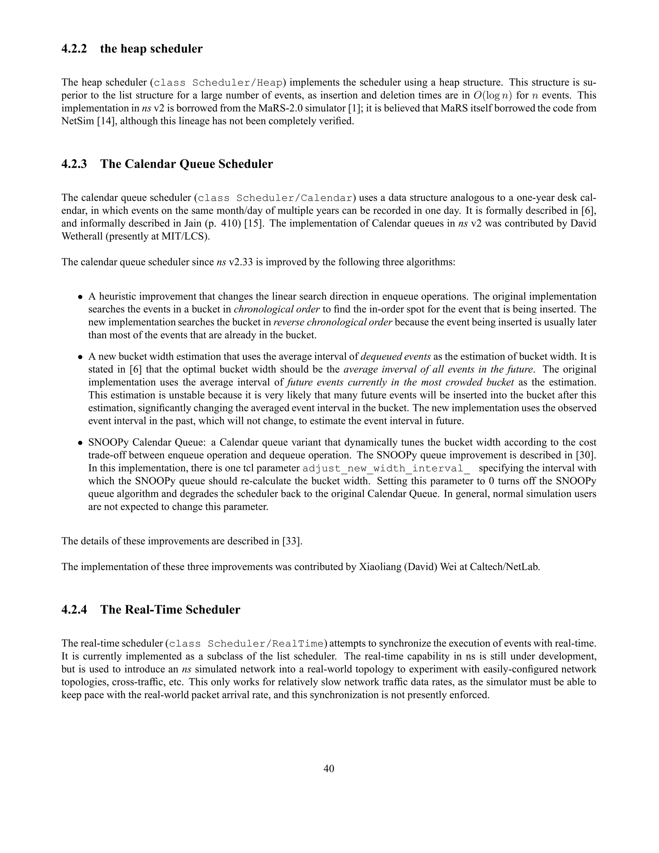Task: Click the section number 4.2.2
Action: pyautogui.click(x=74, y=49)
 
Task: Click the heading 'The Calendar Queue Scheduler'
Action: pyautogui.click(x=186, y=164)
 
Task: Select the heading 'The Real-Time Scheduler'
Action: pyautogui.click(x=170, y=610)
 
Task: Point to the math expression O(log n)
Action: pyautogui.click(x=492, y=95)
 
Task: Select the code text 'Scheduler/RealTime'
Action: pyautogui.click(x=266, y=644)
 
